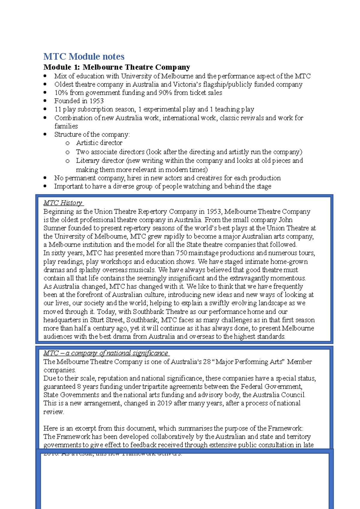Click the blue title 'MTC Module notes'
[84, 56]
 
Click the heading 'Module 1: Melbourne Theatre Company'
[117, 67]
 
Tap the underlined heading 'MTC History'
[63, 203]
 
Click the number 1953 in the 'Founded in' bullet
[96, 101]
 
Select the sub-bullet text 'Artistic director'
[99, 143]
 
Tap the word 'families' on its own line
[66, 126]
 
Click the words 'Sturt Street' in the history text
[106, 320]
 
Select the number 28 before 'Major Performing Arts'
[207, 362]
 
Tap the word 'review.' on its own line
[54, 412]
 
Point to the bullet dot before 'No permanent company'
[45, 178]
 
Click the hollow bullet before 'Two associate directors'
[67, 152]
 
